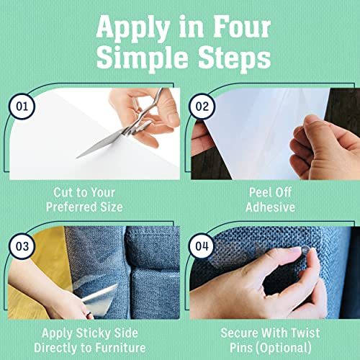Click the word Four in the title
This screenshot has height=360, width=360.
[x=230, y=27]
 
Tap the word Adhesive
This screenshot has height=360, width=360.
[x=270, y=208]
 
